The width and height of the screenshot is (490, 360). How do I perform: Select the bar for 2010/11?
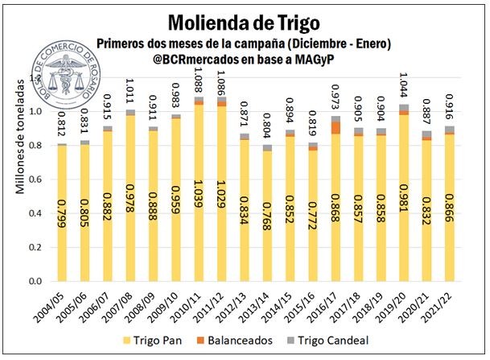click(199, 193)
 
